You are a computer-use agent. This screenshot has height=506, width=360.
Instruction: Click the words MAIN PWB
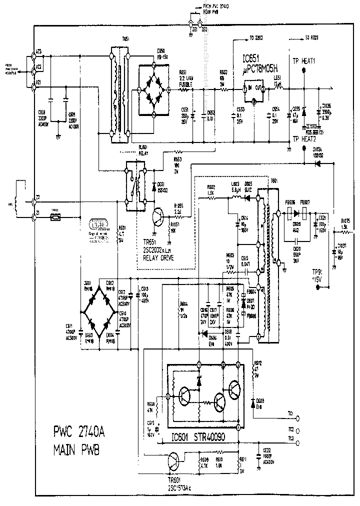click(76, 450)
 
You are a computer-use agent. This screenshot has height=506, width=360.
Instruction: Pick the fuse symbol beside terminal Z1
click(57, 217)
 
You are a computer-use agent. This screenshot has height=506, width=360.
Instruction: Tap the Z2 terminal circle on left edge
click(33, 201)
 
